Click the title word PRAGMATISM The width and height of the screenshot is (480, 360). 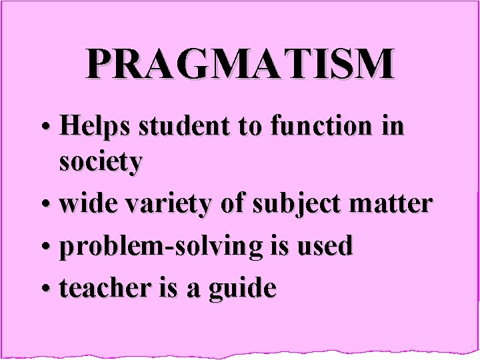(x=239, y=64)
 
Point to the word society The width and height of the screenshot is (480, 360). (x=100, y=163)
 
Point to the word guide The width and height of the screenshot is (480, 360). (x=243, y=289)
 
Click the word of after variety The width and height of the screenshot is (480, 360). (x=233, y=204)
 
